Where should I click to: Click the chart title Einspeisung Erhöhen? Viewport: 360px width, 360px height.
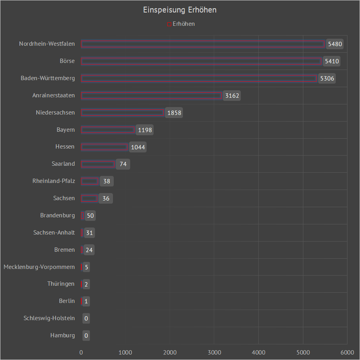pos(180,10)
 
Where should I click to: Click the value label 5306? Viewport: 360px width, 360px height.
pos(327,79)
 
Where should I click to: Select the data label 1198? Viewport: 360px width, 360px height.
pos(145,130)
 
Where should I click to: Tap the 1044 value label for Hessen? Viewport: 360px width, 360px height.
pos(138,147)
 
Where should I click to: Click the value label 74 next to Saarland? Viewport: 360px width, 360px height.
pos(123,164)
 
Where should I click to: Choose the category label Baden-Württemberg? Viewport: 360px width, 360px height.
pos(48,78)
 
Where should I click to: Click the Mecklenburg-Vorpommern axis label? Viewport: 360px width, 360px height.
pos(39,267)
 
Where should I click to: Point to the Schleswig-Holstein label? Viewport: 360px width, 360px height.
pos(49,318)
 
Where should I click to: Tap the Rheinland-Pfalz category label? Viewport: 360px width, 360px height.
pos(54,181)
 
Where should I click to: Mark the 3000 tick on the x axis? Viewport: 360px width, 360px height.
pos(214,352)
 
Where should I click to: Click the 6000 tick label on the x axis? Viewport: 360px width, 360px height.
pos(347,352)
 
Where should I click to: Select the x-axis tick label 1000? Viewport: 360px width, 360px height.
pos(125,352)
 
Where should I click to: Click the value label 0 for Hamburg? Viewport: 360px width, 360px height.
pos(86,335)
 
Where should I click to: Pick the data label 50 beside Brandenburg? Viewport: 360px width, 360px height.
pos(90,216)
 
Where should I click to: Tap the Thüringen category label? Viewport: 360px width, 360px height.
pos(61,284)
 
